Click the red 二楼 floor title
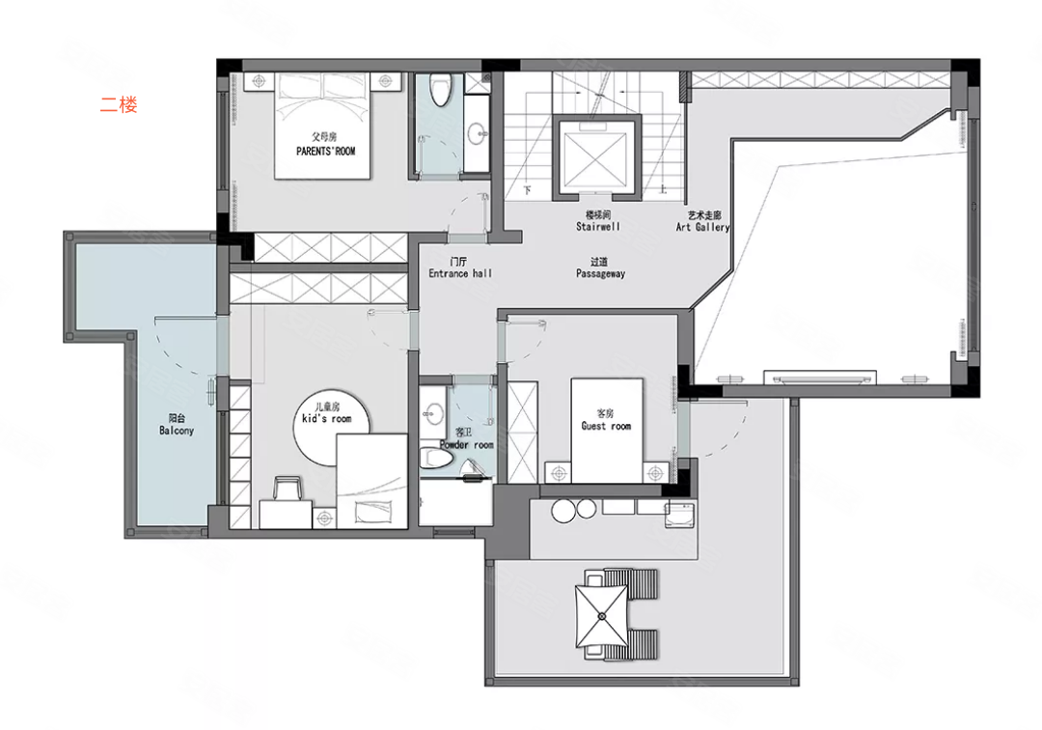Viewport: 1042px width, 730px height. (119, 104)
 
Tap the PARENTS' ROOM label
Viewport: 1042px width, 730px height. (326, 151)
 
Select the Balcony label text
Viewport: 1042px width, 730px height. (177, 430)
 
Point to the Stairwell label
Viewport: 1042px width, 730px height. (598, 226)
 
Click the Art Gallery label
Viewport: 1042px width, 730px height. (703, 227)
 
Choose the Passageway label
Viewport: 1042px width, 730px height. (600, 273)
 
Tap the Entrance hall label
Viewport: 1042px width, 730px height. (460, 273)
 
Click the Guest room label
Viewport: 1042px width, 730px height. (606, 426)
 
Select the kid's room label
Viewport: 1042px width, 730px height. (326, 418)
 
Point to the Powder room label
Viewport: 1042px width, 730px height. (467, 445)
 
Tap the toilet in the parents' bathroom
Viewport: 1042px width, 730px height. (439, 90)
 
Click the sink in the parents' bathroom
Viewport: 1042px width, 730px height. (478, 133)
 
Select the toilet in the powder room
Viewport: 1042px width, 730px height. (436, 458)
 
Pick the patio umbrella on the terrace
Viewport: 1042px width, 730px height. (601, 616)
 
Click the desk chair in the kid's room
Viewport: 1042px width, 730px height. (288, 488)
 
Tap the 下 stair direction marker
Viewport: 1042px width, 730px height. (527, 190)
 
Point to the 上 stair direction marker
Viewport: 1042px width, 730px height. (663, 190)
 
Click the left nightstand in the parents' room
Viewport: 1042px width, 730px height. (260, 81)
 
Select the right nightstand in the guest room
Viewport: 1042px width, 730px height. (655, 473)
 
